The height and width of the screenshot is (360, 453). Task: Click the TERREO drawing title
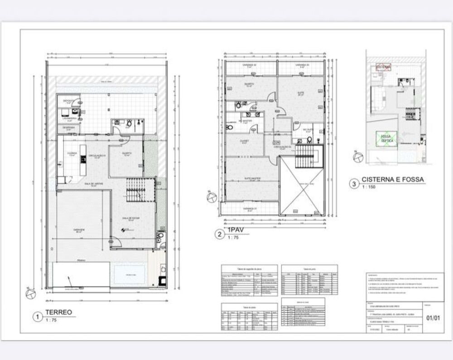coord(58,312)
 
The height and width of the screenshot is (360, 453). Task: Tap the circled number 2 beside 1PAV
coord(219,234)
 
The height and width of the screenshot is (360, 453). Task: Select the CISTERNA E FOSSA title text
coord(393,180)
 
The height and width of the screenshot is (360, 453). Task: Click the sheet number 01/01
coord(433,318)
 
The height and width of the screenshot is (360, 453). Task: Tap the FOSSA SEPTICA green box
coord(386,139)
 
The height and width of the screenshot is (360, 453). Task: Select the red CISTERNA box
coord(384,68)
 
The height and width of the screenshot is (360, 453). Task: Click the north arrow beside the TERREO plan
coord(30,294)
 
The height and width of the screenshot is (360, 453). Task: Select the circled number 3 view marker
coord(354,184)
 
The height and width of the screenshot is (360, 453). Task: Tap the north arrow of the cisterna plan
coord(358,156)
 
